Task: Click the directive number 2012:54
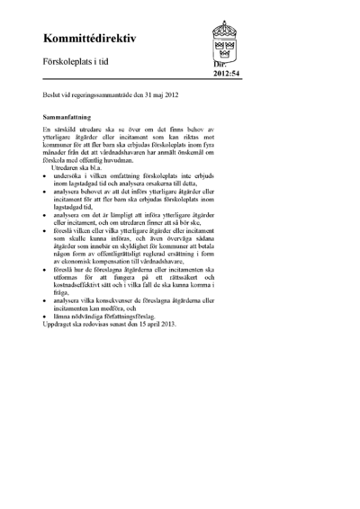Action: click(x=227, y=76)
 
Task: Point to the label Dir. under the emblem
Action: click(x=220, y=66)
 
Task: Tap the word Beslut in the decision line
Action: click(x=53, y=94)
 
